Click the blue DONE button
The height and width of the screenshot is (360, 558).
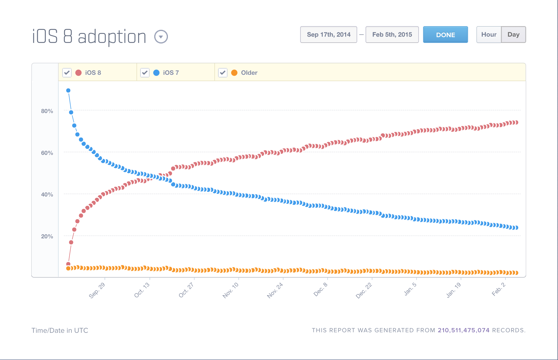(445, 35)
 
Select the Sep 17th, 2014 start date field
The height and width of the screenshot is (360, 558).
(328, 35)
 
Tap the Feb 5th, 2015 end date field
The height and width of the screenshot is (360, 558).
(392, 35)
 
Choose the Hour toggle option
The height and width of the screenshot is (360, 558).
(489, 35)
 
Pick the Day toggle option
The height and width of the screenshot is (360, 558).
(513, 35)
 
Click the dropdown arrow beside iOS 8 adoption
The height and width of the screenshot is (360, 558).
(161, 37)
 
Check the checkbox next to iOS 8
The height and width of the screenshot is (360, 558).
(67, 72)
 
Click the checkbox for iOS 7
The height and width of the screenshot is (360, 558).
(145, 72)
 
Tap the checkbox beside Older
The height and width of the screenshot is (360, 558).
(223, 72)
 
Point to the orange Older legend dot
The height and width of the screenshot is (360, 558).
(234, 73)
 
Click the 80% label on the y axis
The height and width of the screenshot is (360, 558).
(47, 111)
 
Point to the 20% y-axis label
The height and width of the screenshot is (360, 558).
(47, 237)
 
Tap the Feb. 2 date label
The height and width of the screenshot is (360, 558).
(499, 289)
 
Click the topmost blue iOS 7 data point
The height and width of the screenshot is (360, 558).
(68, 91)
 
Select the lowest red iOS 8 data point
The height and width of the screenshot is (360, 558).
(68, 264)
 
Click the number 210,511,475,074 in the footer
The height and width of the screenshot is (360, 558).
(464, 330)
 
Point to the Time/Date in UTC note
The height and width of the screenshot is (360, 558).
(60, 330)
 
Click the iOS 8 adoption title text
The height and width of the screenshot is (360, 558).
(89, 37)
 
